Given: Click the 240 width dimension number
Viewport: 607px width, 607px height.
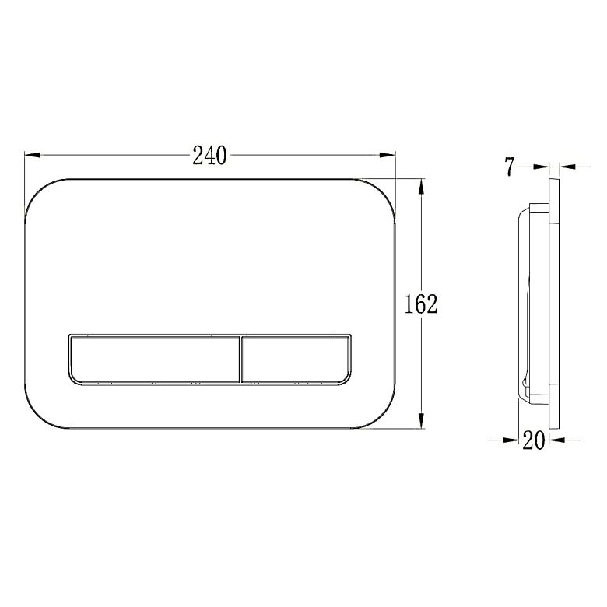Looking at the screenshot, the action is point(209,155).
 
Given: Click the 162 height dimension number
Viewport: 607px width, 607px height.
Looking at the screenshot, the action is point(421,303).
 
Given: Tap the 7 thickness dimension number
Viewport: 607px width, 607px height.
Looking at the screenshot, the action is point(511,167).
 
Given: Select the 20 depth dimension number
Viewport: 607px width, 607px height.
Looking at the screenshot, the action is point(534,440).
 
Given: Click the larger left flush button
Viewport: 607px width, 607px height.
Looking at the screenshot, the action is point(155,359).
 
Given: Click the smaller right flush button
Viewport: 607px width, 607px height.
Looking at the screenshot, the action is point(296,359).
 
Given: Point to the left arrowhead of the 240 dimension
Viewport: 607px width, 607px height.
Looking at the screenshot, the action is point(33,155).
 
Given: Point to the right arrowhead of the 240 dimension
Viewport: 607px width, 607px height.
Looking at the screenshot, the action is point(388,155).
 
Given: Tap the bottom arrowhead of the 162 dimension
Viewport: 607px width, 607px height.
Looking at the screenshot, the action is point(422,420).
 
